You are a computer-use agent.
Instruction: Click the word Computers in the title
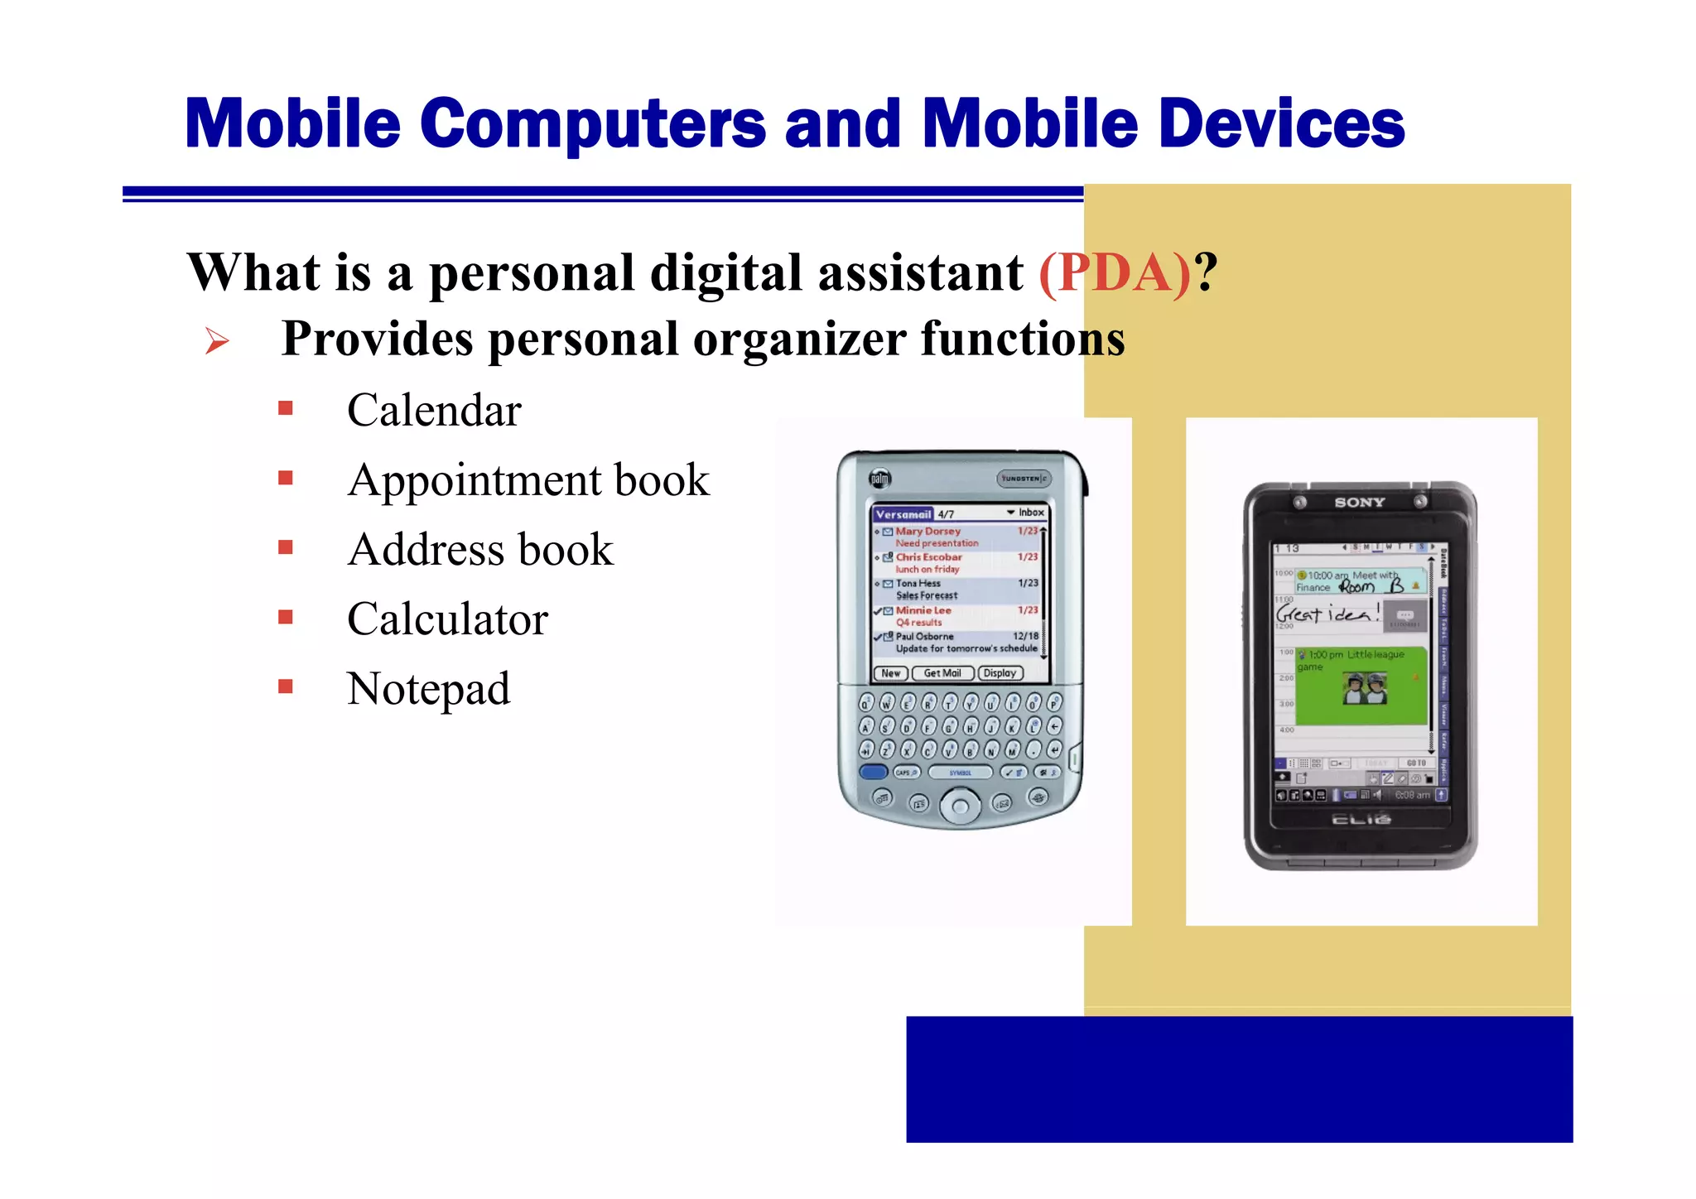click(x=593, y=124)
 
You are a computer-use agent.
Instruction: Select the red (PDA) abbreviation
click(x=1115, y=273)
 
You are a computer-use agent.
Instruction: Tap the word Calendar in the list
click(x=434, y=411)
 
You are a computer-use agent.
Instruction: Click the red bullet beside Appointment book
click(x=286, y=478)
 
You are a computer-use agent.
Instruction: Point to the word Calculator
click(x=447, y=619)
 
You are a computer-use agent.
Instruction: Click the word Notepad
click(x=428, y=689)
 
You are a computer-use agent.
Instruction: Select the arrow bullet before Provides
click(x=217, y=340)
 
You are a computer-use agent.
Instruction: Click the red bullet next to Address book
click(x=286, y=547)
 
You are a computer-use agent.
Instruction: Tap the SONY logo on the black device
click(x=1359, y=503)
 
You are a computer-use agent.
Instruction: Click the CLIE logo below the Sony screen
click(x=1361, y=820)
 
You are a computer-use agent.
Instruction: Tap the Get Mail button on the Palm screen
click(x=942, y=673)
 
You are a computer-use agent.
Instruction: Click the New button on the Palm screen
click(x=890, y=673)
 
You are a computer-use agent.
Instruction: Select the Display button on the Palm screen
click(x=1000, y=673)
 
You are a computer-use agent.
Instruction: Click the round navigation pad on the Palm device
click(x=960, y=805)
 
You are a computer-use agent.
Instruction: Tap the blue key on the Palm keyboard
click(x=873, y=772)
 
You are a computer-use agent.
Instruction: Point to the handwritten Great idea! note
click(x=1327, y=614)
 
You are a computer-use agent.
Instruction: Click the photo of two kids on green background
click(x=1365, y=689)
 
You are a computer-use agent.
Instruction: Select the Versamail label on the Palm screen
click(x=903, y=514)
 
